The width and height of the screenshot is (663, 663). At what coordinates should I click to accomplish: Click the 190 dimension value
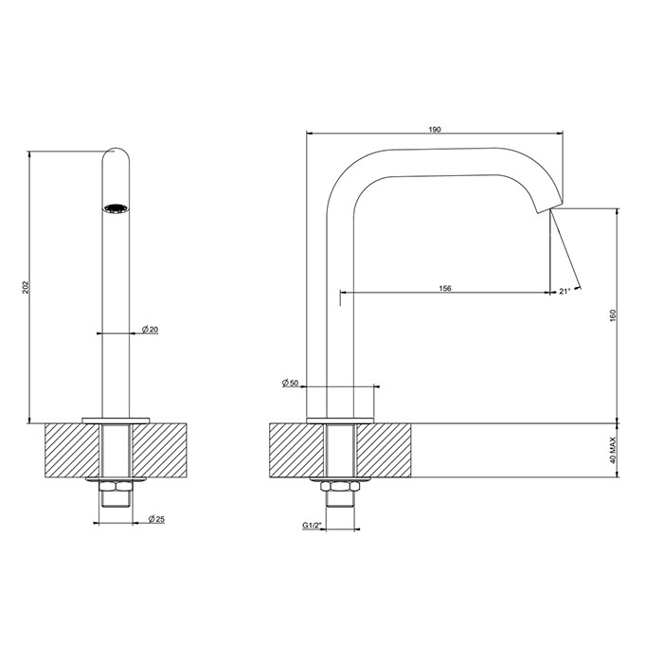tap(435, 129)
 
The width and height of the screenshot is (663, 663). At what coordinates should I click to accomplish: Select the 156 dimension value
tap(444, 288)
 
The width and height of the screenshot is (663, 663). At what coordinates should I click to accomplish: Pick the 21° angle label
tap(565, 291)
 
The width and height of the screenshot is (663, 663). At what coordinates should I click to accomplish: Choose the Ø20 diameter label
tap(150, 329)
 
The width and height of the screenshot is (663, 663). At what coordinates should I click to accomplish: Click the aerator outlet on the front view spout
tap(115, 208)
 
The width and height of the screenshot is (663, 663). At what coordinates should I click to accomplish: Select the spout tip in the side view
tap(547, 207)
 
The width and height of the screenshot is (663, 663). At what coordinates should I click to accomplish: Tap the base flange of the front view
tap(116, 418)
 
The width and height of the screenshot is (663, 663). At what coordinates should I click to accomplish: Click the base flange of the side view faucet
tap(340, 418)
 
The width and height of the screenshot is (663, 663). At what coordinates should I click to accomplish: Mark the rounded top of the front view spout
tap(116, 153)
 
